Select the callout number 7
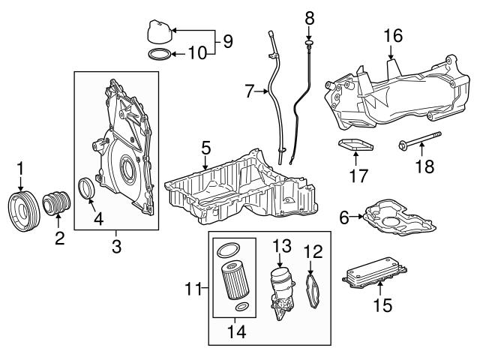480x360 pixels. click(250, 92)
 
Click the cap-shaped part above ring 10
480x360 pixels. click(158, 33)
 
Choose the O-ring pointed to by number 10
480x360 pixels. click(158, 54)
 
